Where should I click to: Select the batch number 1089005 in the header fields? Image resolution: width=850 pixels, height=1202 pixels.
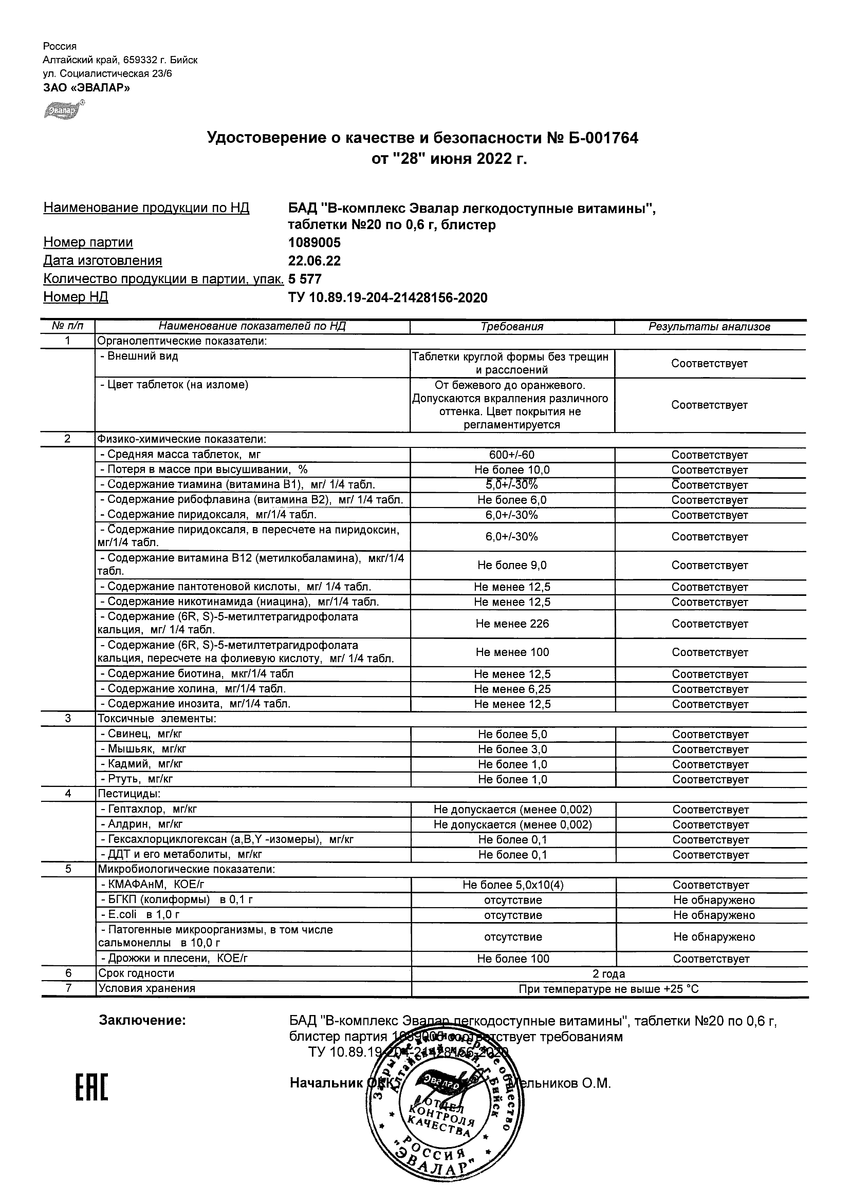pos(314,242)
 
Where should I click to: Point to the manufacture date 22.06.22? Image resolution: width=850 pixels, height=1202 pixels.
pos(314,261)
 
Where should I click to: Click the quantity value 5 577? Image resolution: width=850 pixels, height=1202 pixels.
pos(305,279)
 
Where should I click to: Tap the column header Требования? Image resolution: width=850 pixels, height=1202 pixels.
pos(512,327)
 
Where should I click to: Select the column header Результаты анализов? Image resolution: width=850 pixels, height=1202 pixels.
pos(709,327)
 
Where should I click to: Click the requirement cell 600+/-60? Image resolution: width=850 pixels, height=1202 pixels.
pos(512,455)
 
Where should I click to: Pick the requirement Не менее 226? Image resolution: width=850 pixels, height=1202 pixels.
pos(512,624)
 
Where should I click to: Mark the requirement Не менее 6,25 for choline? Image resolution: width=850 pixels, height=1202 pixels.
pos(512,689)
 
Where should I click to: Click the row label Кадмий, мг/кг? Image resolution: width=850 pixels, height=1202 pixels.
pos(141,764)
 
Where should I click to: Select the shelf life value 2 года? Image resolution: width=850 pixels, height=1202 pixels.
pos(608,974)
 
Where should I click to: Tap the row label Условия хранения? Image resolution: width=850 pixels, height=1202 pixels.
pos(146,988)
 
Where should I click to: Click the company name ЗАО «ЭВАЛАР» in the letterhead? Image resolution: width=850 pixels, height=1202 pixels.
pos(86,87)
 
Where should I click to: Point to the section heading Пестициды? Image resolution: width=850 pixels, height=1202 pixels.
pos(129,794)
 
